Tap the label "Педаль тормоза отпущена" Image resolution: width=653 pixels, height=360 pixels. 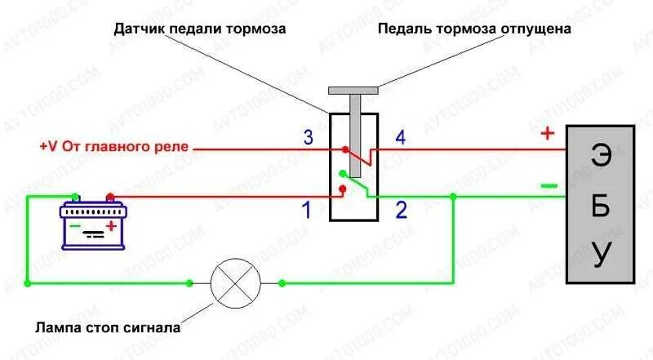[x=474, y=29]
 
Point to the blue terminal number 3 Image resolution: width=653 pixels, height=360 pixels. [x=308, y=137]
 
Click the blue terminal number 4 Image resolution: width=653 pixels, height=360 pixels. [x=400, y=137]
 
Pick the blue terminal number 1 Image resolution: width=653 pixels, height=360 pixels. [x=307, y=211]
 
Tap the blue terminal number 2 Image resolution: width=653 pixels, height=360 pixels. [x=401, y=211]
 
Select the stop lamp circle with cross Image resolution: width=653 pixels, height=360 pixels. [x=235, y=283]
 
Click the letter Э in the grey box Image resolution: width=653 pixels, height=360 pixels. [x=601, y=158]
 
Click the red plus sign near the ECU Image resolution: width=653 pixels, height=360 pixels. [x=547, y=134]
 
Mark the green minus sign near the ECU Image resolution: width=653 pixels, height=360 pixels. [x=549, y=187]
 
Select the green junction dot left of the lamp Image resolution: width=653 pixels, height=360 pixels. [x=189, y=283]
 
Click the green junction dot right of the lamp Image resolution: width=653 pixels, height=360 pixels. [x=282, y=283]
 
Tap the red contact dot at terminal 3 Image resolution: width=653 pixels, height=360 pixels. [x=345, y=150]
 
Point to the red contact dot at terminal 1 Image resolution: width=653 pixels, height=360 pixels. [x=343, y=189]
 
